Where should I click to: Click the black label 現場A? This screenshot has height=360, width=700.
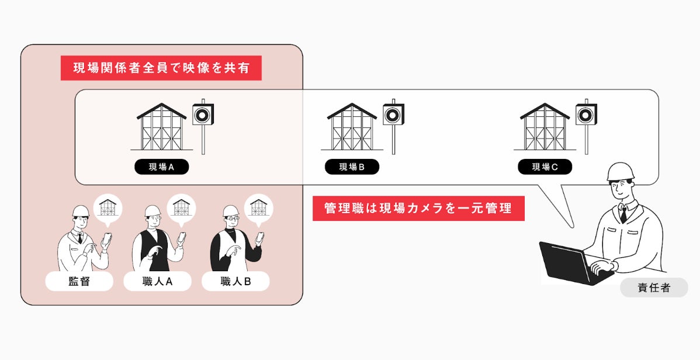(161, 167)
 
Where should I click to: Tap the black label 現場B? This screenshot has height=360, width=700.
(352, 167)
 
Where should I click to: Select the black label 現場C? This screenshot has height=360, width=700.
(545, 167)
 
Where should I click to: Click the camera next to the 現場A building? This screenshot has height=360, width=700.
(203, 115)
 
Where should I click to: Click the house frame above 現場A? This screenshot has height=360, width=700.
(161, 127)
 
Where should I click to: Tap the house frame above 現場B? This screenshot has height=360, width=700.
(352, 127)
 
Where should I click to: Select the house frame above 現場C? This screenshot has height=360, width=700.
(545, 127)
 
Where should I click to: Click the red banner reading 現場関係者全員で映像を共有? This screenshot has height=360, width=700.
(161, 68)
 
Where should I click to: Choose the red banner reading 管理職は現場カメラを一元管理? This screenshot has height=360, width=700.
(418, 208)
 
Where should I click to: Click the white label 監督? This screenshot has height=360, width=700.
(79, 282)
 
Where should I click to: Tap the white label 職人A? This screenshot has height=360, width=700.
(157, 282)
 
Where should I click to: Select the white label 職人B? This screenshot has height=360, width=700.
(235, 282)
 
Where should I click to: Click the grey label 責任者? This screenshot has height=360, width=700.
(654, 288)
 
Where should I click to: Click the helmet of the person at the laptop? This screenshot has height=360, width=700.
(621, 171)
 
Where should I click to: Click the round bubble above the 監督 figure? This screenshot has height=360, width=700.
(108, 207)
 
